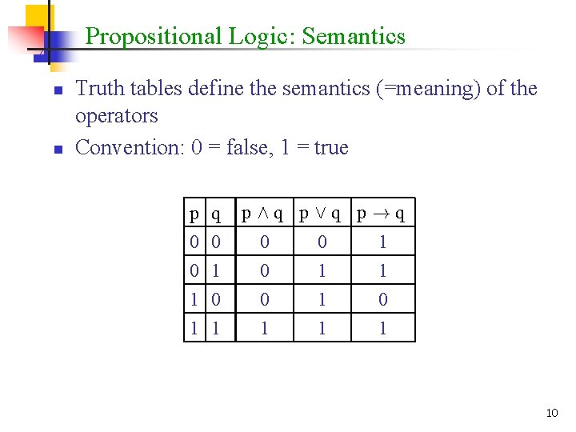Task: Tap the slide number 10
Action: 551,413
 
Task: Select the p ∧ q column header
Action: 264,214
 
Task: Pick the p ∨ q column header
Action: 322,214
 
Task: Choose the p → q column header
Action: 382,214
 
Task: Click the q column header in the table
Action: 216,214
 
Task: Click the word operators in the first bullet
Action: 117,117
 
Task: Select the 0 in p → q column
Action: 383,299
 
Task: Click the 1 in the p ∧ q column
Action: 265,328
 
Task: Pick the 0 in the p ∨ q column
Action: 322,242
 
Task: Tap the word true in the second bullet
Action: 331,148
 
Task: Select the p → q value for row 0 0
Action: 383,242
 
